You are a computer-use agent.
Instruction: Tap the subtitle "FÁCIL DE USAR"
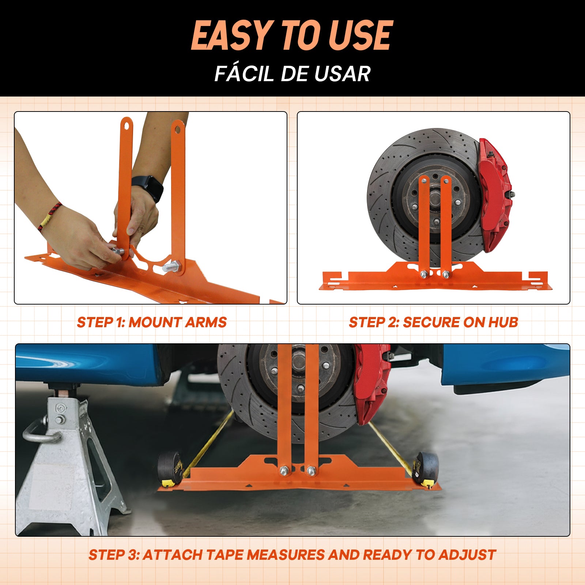pos(292,73)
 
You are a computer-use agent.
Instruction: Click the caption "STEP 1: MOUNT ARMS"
pos(152,322)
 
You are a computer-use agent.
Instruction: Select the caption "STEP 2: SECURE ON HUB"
pos(433,322)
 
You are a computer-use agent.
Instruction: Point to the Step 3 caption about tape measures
pos(292,555)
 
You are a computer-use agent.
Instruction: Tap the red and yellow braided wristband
pos(49,217)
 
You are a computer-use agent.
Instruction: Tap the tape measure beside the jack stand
pos(170,469)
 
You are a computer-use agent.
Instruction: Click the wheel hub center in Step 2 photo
pos(435,199)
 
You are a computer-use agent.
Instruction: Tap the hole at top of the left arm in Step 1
pos(127,125)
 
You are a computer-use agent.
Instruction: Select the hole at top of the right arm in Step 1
pos(177,128)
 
